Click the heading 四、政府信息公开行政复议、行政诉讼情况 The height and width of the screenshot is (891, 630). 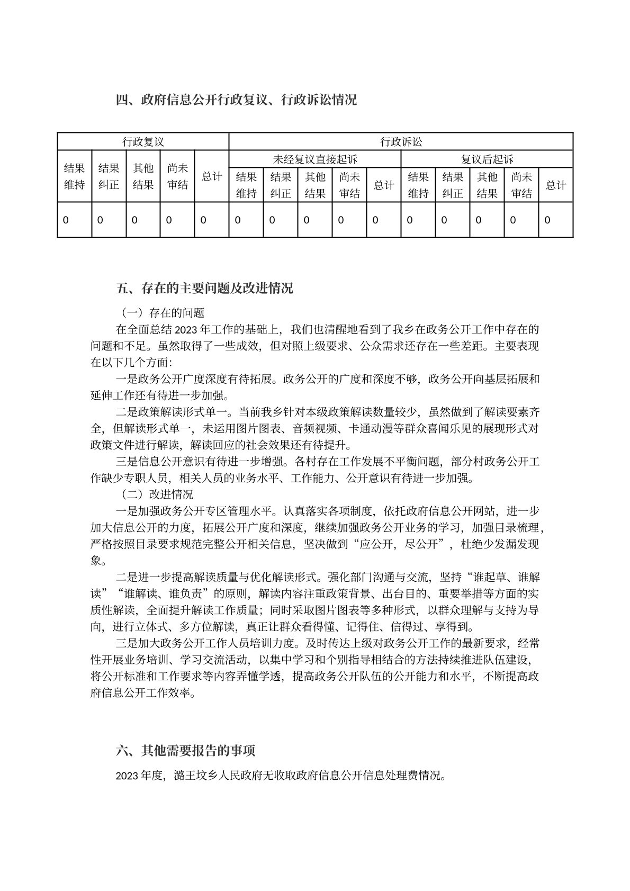(236, 100)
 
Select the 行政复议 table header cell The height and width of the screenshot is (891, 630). (143, 142)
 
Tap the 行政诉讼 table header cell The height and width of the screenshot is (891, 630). (401, 142)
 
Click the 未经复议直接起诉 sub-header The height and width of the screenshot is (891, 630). (314, 159)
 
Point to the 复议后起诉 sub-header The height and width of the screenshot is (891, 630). (487, 159)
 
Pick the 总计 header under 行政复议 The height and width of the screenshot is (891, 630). (212, 176)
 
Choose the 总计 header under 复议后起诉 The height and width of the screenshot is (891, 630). (556, 185)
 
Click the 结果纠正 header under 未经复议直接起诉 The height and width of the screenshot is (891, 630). (281, 185)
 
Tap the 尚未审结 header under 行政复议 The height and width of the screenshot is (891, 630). (177, 176)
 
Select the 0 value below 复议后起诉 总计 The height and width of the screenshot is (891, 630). (547, 220)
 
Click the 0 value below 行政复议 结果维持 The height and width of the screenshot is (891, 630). (66, 220)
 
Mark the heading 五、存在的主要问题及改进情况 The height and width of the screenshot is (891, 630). (204, 289)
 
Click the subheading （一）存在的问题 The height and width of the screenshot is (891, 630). (160, 313)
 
